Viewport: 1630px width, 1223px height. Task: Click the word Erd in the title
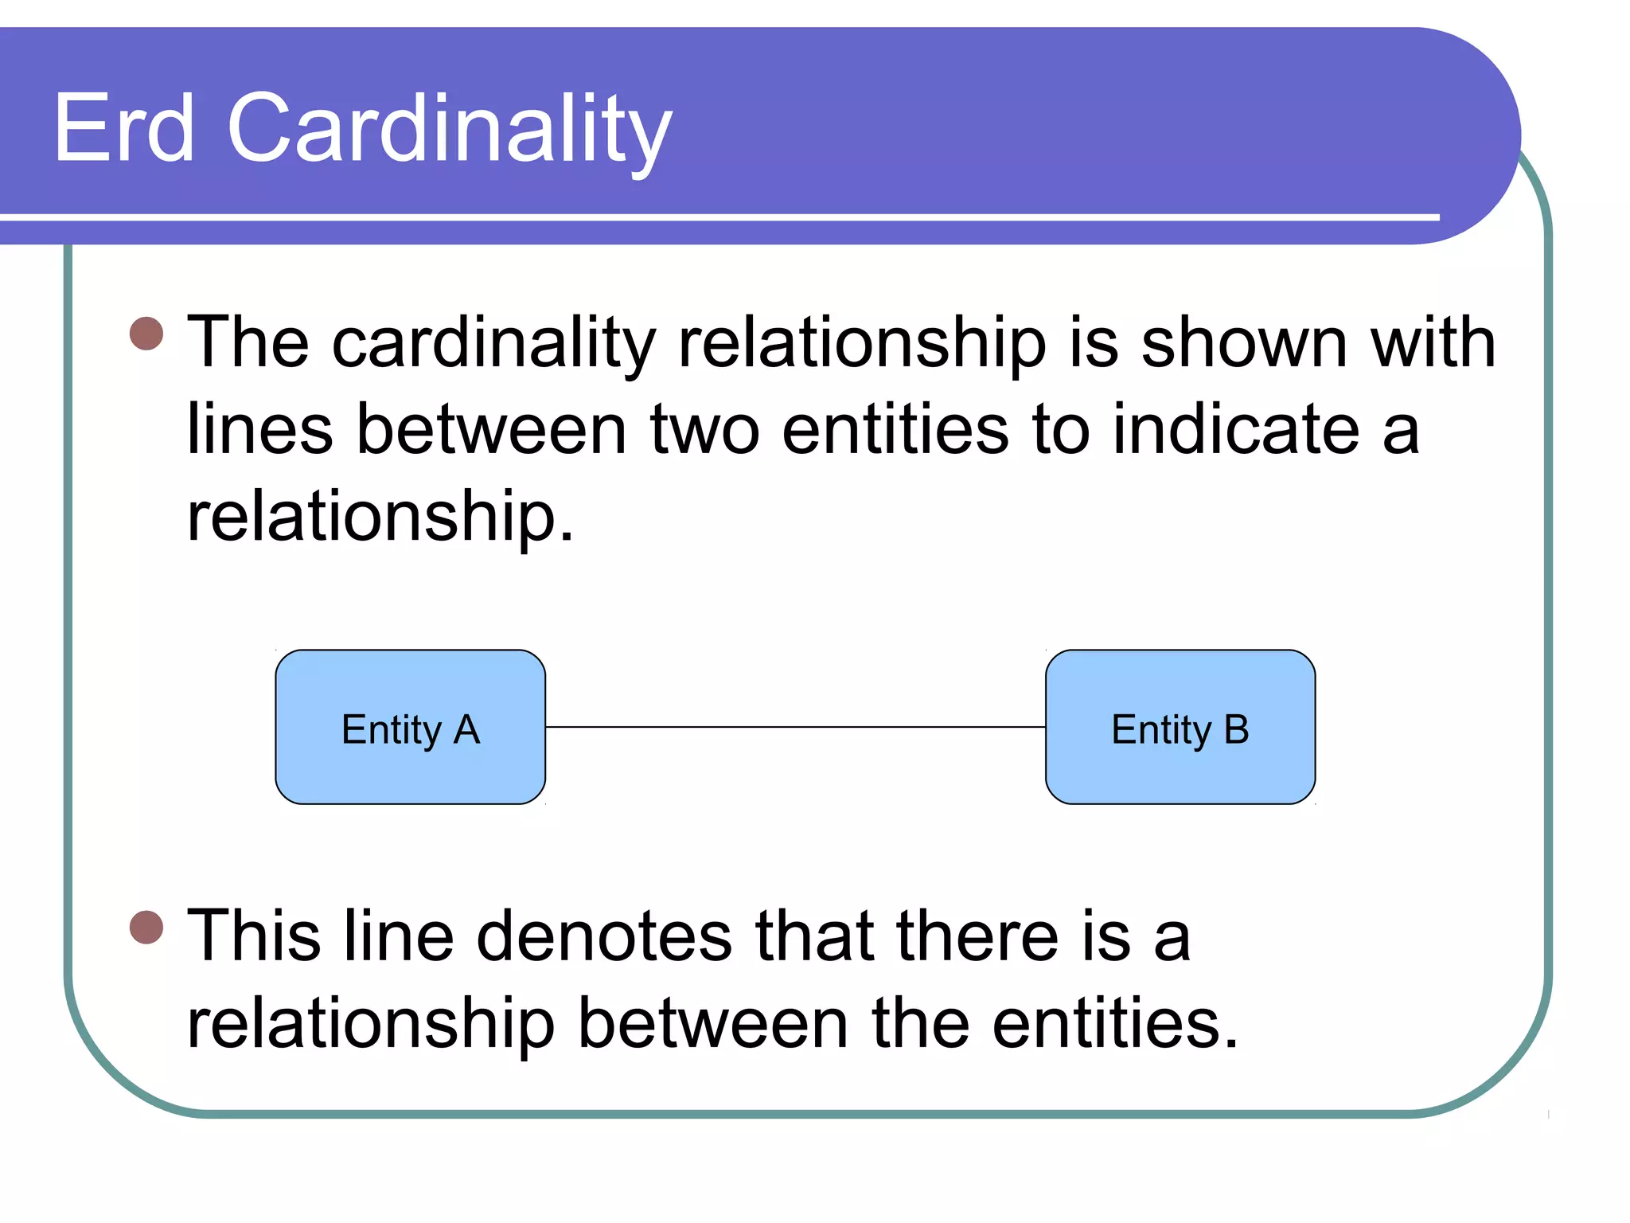(124, 127)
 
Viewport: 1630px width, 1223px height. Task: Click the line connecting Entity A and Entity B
(795, 727)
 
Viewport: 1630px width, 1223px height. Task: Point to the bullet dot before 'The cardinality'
(146, 334)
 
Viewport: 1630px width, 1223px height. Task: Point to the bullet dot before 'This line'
(146, 927)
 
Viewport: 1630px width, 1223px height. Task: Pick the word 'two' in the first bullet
(704, 430)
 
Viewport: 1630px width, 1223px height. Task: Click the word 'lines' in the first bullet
(259, 430)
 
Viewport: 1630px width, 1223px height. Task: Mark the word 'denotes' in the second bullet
(604, 936)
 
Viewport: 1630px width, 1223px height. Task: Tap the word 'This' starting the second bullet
(254, 936)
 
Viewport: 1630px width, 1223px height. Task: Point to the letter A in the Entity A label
(466, 729)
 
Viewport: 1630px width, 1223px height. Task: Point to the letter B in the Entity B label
(1236, 729)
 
